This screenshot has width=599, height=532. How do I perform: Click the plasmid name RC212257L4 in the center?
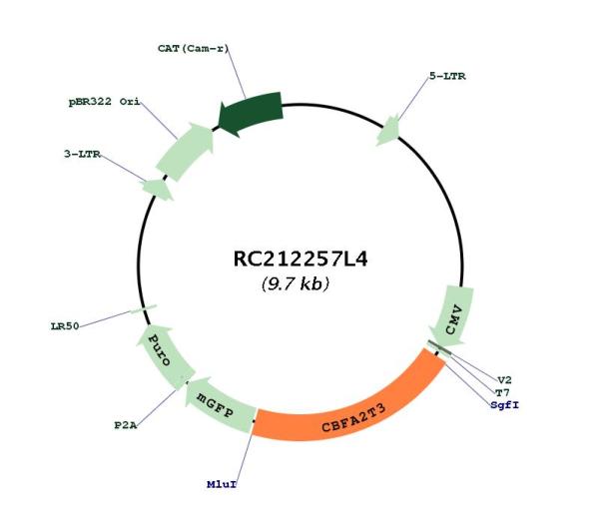coord(300,259)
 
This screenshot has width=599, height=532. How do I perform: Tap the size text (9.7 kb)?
coord(296,283)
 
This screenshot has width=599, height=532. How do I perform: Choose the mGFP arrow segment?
coord(218,405)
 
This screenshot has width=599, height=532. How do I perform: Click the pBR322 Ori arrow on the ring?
coord(185,152)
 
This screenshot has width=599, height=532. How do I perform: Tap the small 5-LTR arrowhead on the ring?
coord(388,130)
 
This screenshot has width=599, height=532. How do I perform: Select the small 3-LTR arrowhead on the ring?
coord(158,189)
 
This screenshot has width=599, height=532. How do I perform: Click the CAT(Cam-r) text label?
coord(194,49)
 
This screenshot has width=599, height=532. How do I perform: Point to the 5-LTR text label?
coord(447,76)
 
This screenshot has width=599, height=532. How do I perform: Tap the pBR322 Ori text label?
coord(104,102)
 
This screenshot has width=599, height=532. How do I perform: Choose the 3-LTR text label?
coord(82,154)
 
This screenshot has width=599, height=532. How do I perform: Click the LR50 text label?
coord(65,326)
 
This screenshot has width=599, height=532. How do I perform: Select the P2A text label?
coord(126,425)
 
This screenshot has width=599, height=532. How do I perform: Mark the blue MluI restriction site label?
coord(222,484)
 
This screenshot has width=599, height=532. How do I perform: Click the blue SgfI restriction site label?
coord(505,405)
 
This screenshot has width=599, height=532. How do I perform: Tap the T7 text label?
coord(502,392)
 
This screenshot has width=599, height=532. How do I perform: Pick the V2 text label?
coord(504,380)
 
